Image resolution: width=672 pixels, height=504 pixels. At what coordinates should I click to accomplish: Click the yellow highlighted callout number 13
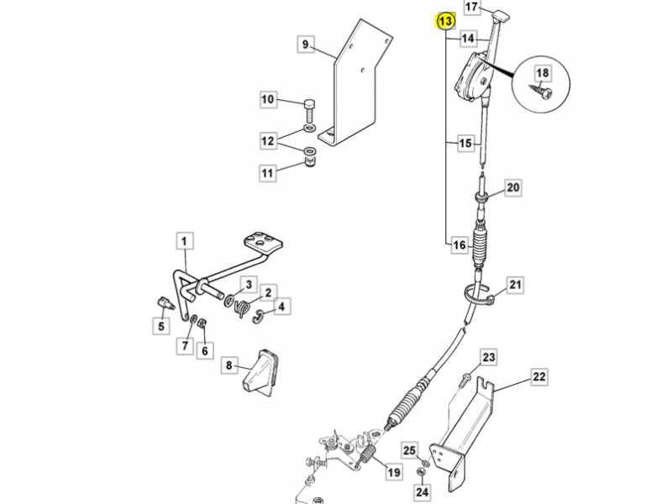click(x=445, y=21)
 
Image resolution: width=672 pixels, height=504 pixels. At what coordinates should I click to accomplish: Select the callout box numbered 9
click(x=305, y=45)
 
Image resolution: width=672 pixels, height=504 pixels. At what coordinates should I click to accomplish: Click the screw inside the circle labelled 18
click(x=541, y=90)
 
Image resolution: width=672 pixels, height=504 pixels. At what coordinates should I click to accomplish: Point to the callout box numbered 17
click(x=471, y=8)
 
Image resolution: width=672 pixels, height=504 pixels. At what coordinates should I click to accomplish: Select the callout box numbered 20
click(x=513, y=187)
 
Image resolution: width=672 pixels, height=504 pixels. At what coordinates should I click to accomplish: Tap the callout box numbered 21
click(x=515, y=285)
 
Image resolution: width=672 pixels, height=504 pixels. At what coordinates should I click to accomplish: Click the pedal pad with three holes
click(x=264, y=243)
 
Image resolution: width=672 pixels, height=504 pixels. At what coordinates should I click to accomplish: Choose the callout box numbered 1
click(x=184, y=241)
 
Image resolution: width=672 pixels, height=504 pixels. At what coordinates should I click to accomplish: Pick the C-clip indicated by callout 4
click(x=259, y=317)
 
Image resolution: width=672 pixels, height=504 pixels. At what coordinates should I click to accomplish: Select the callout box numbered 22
click(x=538, y=377)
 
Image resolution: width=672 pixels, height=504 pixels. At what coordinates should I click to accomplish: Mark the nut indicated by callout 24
click(x=421, y=472)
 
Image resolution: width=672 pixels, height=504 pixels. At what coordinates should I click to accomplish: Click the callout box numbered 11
click(x=267, y=173)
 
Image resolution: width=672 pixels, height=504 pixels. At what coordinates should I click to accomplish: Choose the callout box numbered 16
click(x=459, y=245)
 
